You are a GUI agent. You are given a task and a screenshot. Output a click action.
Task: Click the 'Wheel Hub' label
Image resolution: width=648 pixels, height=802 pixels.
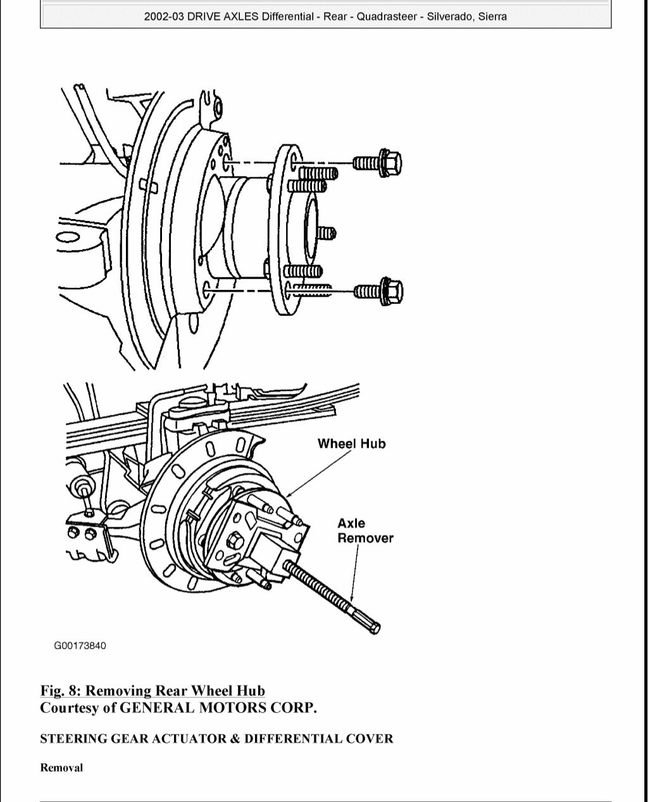tap(351, 444)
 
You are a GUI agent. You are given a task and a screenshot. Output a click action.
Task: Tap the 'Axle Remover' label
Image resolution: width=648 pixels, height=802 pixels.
tap(364, 530)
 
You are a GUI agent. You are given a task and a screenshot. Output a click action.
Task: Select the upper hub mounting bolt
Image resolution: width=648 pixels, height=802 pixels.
tap(378, 164)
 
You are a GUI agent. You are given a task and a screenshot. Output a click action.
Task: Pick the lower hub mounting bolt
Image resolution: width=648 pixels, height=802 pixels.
tap(378, 291)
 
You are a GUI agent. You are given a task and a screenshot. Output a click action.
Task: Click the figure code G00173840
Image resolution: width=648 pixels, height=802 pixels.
tap(80, 646)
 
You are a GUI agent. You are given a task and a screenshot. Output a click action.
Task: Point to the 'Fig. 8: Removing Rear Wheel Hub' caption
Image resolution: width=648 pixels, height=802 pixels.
tap(153, 691)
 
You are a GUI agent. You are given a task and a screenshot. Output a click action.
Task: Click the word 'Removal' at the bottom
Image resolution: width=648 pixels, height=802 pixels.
tap(61, 768)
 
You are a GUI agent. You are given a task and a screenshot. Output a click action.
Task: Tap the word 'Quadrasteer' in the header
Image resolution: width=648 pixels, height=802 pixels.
tap(385, 16)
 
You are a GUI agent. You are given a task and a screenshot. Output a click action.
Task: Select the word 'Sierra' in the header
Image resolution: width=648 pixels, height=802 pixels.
tap(492, 16)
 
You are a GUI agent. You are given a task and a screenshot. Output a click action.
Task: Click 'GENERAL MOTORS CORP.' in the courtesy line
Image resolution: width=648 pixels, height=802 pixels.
tap(218, 708)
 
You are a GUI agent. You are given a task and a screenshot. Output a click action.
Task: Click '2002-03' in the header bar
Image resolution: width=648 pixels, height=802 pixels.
tap(164, 16)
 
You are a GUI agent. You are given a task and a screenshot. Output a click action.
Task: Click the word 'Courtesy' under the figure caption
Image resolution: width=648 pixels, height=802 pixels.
tap(69, 708)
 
